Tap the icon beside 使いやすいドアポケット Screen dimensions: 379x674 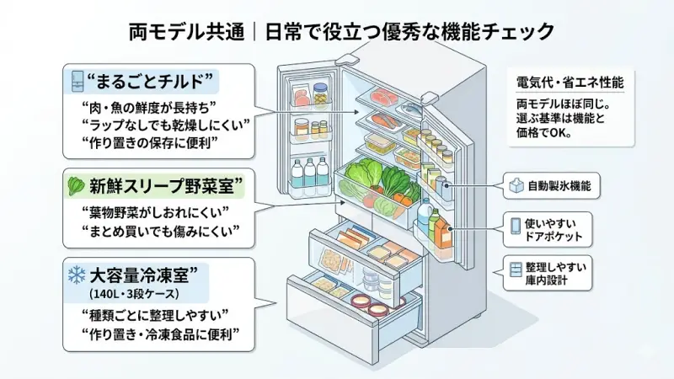coord(517,226)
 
